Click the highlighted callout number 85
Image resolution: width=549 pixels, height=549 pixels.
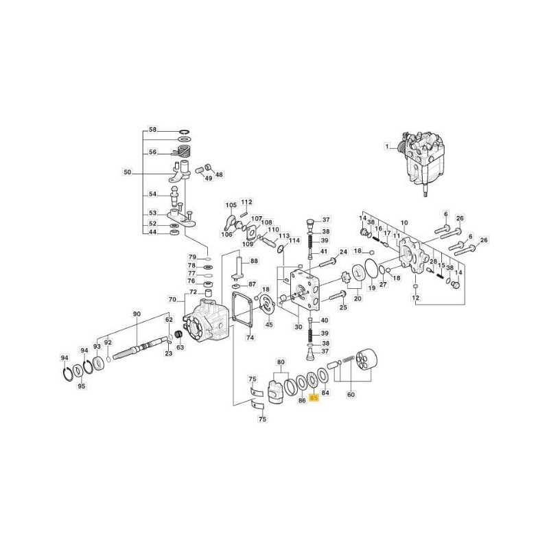pyautogui.click(x=314, y=397)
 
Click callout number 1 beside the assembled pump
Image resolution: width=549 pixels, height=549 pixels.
pyautogui.click(x=386, y=146)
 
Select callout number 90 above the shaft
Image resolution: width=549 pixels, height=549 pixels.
pyautogui.click(x=137, y=314)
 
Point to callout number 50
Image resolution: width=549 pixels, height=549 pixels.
pyautogui.click(x=126, y=172)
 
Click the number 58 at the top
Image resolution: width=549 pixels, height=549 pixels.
pyautogui.click(x=153, y=130)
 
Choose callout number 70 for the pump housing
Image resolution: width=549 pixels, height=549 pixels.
pyautogui.click(x=172, y=299)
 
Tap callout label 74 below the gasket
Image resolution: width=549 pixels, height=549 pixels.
pyautogui.click(x=250, y=337)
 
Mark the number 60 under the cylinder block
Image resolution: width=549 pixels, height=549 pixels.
pyautogui.click(x=351, y=395)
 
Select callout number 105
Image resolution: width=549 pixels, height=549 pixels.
pyautogui.click(x=231, y=205)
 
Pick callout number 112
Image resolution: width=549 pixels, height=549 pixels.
pyautogui.click(x=247, y=202)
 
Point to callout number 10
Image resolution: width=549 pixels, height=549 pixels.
pyautogui.click(x=404, y=223)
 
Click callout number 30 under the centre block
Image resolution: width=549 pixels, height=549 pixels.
pyautogui.click(x=298, y=327)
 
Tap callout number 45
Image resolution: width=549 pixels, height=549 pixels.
pyautogui.click(x=269, y=325)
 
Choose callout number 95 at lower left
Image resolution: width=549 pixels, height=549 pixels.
pyautogui.click(x=81, y=386)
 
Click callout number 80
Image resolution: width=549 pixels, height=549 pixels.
pyautogui.click(x=281, y=361)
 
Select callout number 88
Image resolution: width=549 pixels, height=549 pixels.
pyautogui.click(x=254, y=261)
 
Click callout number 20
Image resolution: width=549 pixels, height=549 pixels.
pyautogui.click(x=357, y=299)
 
